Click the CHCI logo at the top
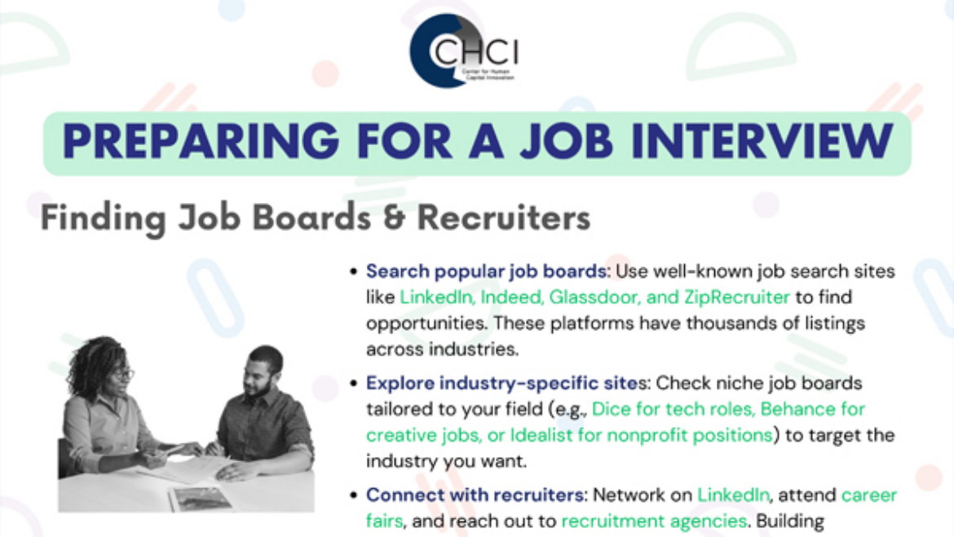click(x=465, y=51)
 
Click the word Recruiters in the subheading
click(x=504, y=217)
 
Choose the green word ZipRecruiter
click(x=737, y=297)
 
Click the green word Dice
click(x=611, y=409)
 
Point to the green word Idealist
click(x=541, y=435)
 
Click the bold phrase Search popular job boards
click(x=485, y=271)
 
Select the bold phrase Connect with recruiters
click(x=475, y=495)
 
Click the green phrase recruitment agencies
click(x=654, y=522)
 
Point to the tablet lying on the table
click(x=200, y=500)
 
